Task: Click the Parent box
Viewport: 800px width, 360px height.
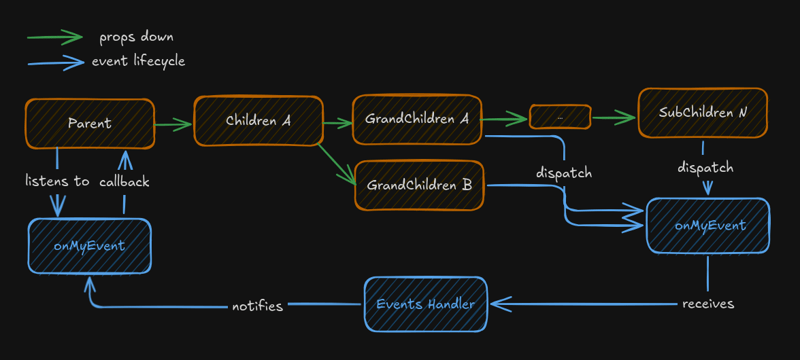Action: point(90,124)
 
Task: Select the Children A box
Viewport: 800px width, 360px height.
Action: point(258,121)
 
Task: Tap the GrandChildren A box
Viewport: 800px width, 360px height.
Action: point(417,120)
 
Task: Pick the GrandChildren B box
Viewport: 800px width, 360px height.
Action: point(419,186)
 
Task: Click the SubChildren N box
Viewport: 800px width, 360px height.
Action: point(703,113)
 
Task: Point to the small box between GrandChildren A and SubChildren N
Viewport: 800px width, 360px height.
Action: point(560,117)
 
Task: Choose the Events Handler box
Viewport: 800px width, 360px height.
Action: point(426,304)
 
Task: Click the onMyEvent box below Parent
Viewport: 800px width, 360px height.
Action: point(89,245)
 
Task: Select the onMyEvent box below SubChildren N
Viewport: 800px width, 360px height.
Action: point(709,226)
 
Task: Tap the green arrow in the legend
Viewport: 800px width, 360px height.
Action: point(55,37)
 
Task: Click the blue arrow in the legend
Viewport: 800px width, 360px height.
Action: point(55,62)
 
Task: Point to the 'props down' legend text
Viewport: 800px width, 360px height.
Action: point(136,37)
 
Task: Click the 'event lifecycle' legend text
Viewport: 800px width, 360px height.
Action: point(138,61)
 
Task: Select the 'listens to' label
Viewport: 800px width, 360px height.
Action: point(57,181)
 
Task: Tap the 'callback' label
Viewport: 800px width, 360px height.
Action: point(125,181)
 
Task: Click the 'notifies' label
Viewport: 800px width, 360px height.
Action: point(257,306)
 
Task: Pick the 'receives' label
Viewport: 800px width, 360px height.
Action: point(708,303)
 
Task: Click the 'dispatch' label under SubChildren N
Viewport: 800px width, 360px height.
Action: point(706,167)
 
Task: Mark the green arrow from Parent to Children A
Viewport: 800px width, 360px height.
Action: point(173,125)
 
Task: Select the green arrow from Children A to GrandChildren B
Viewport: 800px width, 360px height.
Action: point(338,165)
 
